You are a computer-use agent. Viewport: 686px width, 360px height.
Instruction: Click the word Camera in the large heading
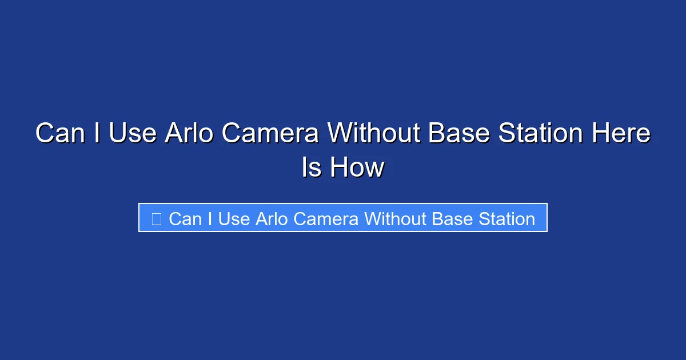pos(270,134)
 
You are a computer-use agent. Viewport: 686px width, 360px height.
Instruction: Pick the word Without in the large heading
pos(375,134)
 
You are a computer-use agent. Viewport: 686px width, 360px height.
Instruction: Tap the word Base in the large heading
pos(460,134)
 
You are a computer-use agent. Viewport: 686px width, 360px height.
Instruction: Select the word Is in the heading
pos(311,168)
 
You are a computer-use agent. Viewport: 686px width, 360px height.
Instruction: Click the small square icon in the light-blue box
pos(156,218)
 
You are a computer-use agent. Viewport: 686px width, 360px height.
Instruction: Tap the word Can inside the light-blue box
pos(185,218)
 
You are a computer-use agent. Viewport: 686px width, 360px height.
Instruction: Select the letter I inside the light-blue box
pos(210,218)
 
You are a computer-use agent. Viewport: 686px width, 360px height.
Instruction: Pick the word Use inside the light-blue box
pos(233,218)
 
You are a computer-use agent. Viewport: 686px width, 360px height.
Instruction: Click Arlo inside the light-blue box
pos(270,218)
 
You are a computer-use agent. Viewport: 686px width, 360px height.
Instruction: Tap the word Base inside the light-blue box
pos(452,218)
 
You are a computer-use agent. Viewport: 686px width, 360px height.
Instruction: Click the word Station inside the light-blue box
pos(506,218)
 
